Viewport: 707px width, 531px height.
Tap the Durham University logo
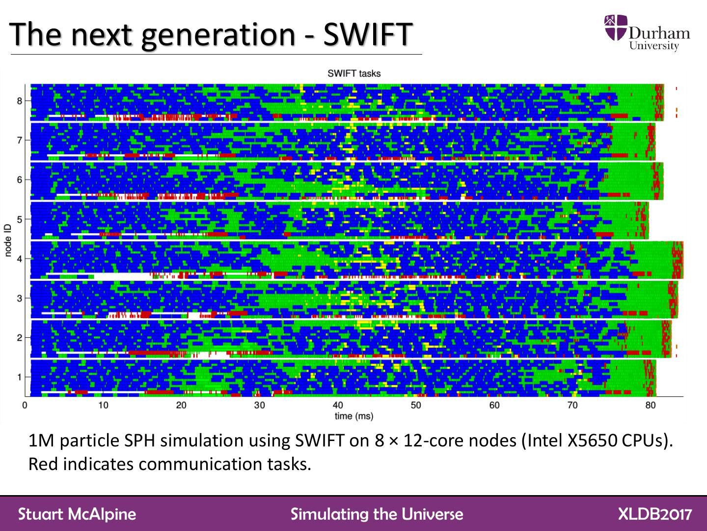coord(647,33)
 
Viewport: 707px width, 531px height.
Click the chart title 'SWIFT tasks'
coord(353,73)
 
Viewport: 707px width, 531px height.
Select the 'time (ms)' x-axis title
coord(353,416)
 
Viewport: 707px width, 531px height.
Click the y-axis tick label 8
coord(20,101)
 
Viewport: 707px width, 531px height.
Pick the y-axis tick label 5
coord(20,219)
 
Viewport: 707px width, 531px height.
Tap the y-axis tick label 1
coord(20,377)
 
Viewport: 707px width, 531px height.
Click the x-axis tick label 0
coord(25,405)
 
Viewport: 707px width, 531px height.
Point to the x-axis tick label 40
coord(338,405)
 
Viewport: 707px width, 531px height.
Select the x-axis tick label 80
coord(651,405)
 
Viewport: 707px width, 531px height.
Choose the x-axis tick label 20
coord(181,405)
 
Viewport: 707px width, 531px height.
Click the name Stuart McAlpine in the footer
coord(77,514)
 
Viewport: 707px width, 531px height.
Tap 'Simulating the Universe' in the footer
coord(377,514)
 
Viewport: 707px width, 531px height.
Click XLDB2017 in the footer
coord(655,514)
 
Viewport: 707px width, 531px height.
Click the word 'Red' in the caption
coord(43,464)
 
